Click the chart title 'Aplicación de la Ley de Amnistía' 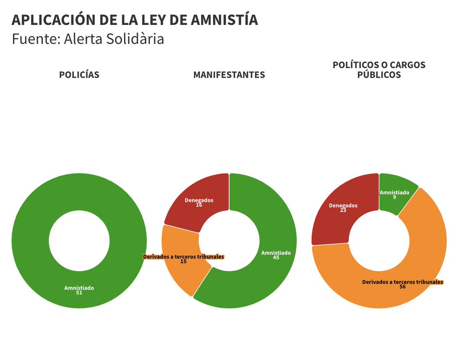pos(135,20)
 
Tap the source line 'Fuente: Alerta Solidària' pos(88,39)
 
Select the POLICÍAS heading pos(79,75)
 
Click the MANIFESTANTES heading pos(229,75)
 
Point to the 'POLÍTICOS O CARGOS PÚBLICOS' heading pos(379,70)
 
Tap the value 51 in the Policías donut pos(79,293)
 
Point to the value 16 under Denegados pos(199,205)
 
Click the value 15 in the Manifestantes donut pos(183,262)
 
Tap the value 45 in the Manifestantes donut pos(276,258)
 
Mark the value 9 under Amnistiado pos(394,197)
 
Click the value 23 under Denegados pos(343,210)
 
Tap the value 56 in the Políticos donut pos(402,287)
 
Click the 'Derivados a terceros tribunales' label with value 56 pos(402,282)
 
